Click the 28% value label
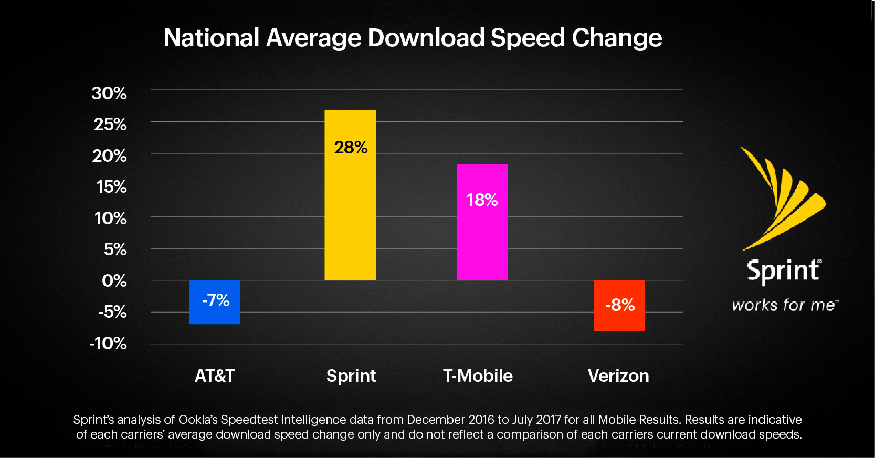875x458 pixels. [351, 148]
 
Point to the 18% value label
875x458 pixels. [482, 200]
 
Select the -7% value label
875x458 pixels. [216, 300]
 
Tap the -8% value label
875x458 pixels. [620, 305]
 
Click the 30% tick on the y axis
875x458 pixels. [109, 93]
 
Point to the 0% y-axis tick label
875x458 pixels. [114, 281]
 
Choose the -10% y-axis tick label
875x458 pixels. [108, 343]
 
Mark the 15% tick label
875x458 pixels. [111, 187]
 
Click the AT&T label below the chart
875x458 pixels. [215, 376]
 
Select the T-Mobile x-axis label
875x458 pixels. [478, 376]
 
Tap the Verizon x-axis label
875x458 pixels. [618, 376]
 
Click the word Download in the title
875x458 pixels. [426, 38]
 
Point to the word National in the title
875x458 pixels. [212, 38]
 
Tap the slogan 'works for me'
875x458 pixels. [784, 305]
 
